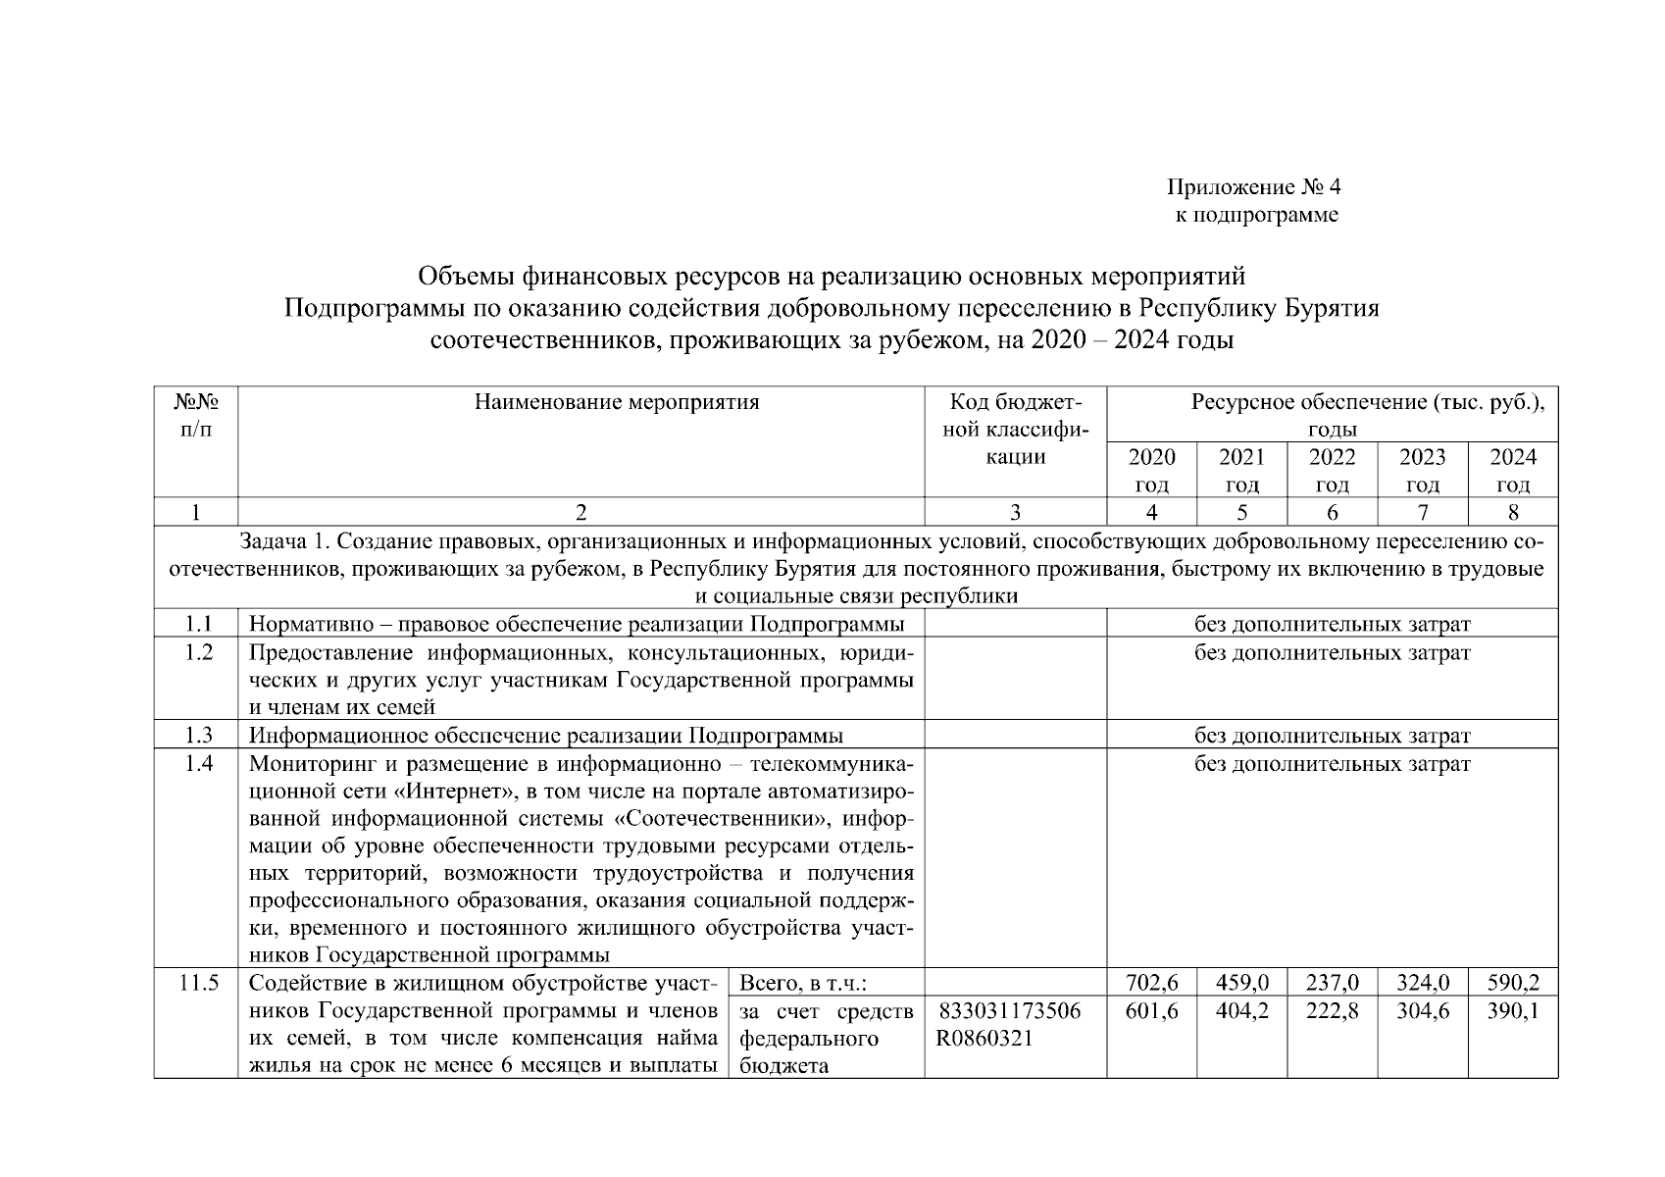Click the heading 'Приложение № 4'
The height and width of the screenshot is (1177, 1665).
(1252, 186)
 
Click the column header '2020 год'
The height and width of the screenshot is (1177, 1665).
(1151, 470)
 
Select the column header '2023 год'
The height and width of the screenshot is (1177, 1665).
(1422, 470)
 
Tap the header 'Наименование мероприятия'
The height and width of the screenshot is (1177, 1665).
(617, 402)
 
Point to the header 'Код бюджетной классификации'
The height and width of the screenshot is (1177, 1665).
(1015, 430)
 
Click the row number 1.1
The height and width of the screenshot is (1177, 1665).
(198, 624)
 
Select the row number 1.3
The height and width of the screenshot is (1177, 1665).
(198, 736)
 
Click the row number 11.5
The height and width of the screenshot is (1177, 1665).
(198, 983)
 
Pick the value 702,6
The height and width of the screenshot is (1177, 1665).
(1152, 983)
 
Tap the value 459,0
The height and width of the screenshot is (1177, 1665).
(1242, 983)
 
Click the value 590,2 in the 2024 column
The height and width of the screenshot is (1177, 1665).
(1513, 983)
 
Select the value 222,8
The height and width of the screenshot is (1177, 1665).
(1333, 1011)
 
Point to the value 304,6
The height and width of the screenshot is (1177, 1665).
(1423, 1011)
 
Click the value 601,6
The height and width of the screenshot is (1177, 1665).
(1152, 1011)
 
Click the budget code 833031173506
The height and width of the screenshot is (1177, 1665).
(1009, 1011)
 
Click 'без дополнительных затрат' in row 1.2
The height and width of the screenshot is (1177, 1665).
(1332, 653)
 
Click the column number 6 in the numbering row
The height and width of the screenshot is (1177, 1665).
(1333, 512)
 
